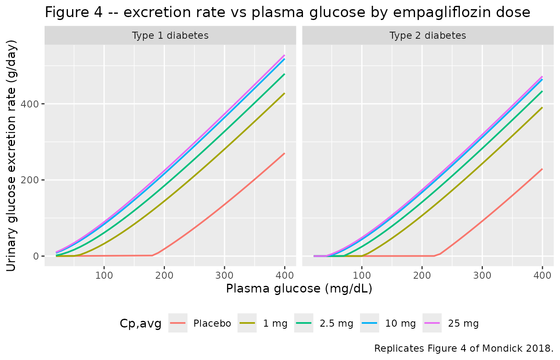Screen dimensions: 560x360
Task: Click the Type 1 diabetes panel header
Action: click(170, 35)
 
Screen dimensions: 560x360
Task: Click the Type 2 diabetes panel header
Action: click(428, 35)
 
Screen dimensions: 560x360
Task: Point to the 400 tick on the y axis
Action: click(30, 104)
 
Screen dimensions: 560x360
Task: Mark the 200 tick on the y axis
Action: click(30, 180)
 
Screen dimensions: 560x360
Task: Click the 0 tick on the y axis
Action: click(36, 256)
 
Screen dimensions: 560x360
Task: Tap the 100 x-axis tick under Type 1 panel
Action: click(104, 275)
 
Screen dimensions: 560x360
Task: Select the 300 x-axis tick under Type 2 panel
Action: click(482, 275)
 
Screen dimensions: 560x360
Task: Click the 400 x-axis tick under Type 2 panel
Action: click(542, 275)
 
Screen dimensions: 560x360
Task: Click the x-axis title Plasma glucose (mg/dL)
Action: click(299, 289)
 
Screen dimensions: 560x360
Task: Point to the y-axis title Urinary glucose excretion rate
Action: click(11, 155)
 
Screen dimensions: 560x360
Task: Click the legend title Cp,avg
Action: click(140, 323)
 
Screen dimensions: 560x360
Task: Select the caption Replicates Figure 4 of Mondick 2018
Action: click(464, 348)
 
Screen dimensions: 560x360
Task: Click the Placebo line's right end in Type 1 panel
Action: click(285, 153)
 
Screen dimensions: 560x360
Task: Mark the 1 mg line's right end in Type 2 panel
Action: click(542, 108)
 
